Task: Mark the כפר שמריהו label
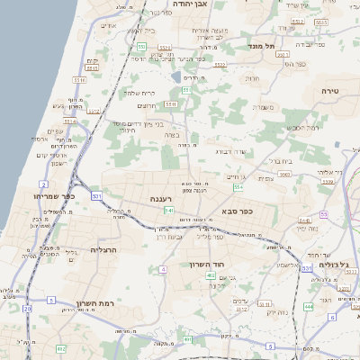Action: coord(52,195)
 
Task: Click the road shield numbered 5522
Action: coord(219,64)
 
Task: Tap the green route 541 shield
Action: coord(168,210)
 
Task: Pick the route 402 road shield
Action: coord(210,275)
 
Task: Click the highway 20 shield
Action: coord(27,309)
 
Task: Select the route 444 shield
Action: coord(308,306)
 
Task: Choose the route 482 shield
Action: coord(61,347)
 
